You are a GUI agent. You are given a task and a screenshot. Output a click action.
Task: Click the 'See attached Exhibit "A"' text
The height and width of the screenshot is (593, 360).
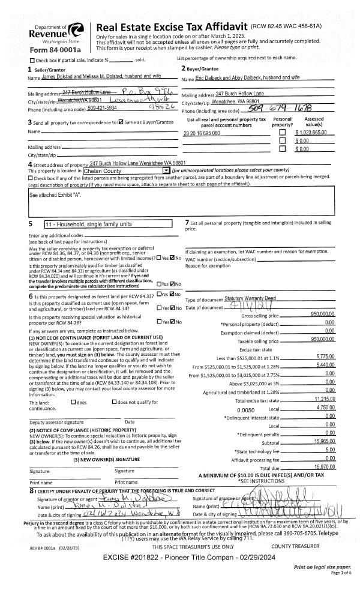click(x=55, y=195)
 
